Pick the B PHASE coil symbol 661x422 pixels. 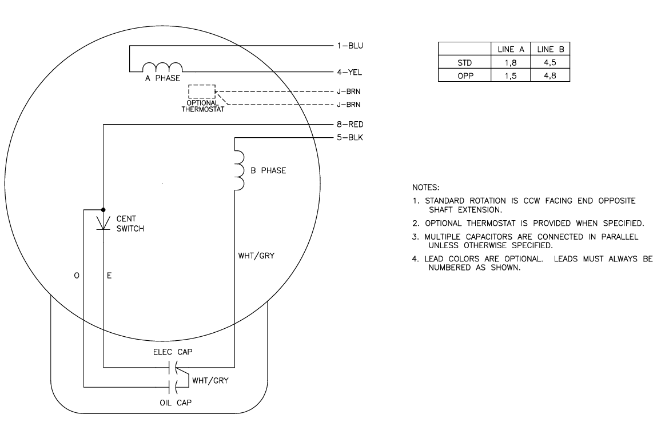tap(238, 170)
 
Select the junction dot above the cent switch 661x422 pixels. tap(103, 209)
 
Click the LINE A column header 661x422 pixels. tap(511, 50)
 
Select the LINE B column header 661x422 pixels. tap(550, 50)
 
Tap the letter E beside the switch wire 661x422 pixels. tap(109, 276)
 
